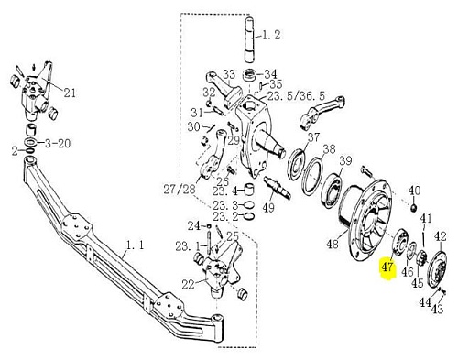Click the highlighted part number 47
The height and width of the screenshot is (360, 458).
coord(387,267)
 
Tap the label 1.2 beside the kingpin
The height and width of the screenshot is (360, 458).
coord(271,35)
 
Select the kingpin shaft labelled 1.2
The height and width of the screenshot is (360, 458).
coord(253,39)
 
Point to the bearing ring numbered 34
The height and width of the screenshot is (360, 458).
coord(250,76)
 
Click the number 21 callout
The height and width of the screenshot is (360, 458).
coord(70,93)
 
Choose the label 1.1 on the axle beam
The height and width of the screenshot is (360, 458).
coord(135,245)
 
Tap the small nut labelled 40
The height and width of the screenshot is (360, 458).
coord(414,208)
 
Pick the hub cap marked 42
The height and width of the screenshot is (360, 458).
coord(438,268)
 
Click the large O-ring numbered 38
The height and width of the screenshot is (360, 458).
coord(312,177)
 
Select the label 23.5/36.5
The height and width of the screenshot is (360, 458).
coord(296,96)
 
